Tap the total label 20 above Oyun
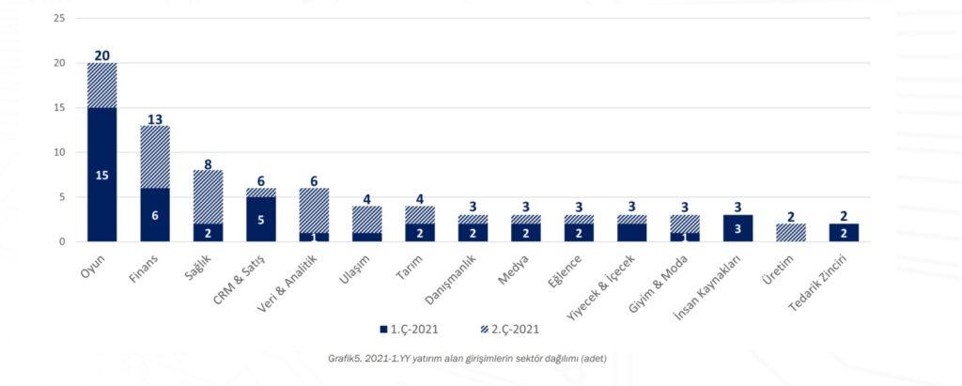click(x=102, y=55)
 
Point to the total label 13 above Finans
click(x=155, y=118)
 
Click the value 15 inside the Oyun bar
click(x=102, y=175)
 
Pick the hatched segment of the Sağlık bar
click(x=208, y=197)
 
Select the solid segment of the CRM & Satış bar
click(x=261, y=219)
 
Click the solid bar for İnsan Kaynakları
click(x=737, y=228)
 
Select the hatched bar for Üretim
click(x=791, y=232)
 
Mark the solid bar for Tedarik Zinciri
click(x=844, y=232)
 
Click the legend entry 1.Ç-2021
click(x=409, y=330)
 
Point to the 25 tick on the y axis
click(x=58, y=19)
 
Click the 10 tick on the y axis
click(x=58, y=152)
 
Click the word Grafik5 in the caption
click(x=345, y=357)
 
